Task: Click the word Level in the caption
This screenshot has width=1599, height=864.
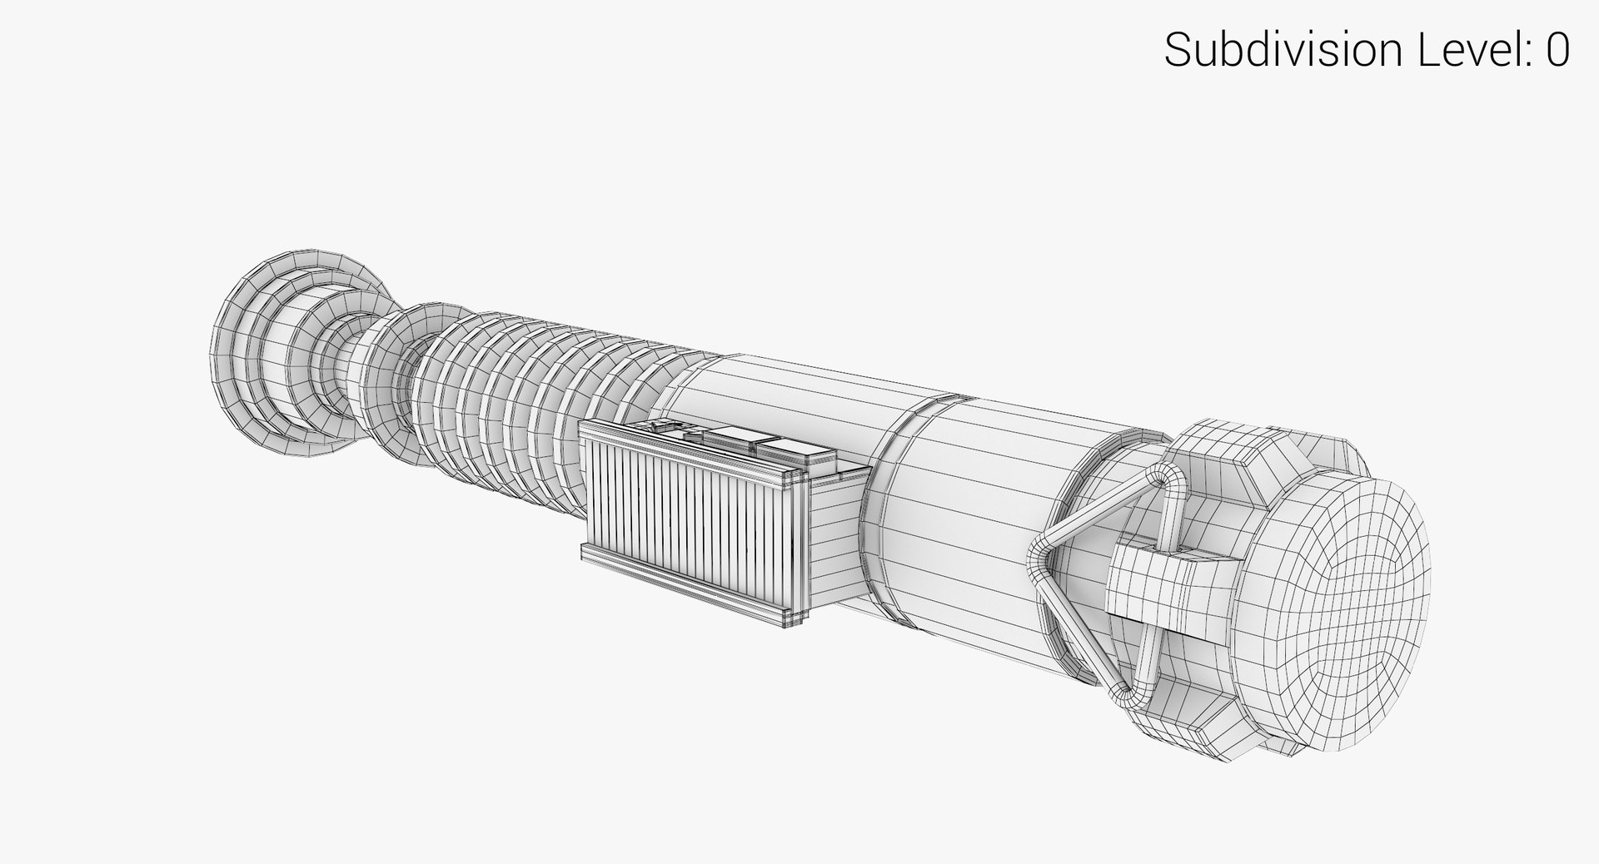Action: pos(1472,51)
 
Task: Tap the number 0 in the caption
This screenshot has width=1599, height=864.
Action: pos(1558,51)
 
